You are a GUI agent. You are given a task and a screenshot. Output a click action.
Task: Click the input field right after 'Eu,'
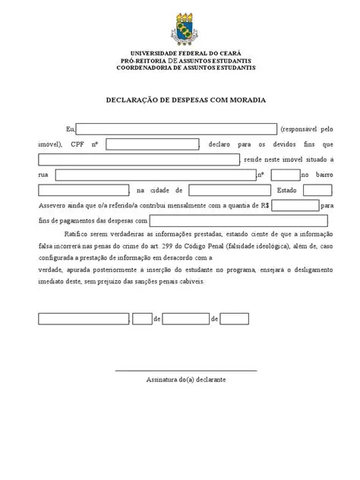point(177,128)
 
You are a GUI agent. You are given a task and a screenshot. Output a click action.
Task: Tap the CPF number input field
point(152,144)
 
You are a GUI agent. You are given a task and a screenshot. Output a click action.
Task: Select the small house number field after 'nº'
point(285,175)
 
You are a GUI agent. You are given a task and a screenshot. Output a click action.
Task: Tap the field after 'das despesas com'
point(238,220)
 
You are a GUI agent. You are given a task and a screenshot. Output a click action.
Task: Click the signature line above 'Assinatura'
point(185,370)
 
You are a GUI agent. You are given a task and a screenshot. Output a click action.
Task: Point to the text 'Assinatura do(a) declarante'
point(186,379)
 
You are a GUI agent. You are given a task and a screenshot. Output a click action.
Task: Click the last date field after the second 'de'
point(235,319)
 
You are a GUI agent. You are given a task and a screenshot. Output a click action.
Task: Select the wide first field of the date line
point(83,319)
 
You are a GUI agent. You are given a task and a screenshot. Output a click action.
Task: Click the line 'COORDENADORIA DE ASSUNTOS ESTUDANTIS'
point(185,68)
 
